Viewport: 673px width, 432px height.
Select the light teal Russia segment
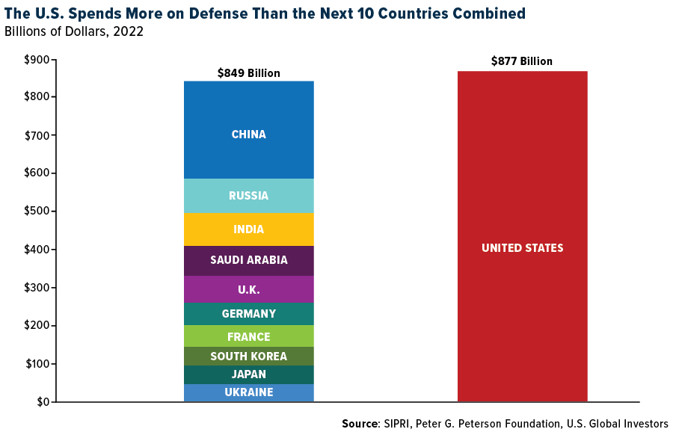pos(248,196)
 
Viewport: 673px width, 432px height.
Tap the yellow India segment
pos(248,229)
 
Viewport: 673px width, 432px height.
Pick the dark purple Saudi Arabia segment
pos(248,260)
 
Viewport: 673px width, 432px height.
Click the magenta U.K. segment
pos(248,289)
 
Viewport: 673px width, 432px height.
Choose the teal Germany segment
pos(248,314)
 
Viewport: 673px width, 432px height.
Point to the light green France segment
pos(248,336)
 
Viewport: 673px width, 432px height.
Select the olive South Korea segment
pos(248,357)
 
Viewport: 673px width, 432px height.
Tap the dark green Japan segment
pos(248,374)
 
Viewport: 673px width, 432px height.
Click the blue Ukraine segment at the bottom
pos(248,392)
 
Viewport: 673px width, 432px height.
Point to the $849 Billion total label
pos(248,73)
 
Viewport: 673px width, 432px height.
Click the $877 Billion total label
pos(522,61)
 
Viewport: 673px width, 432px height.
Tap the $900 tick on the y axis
pos(37,60)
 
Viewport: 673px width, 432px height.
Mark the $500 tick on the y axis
pos(37,212)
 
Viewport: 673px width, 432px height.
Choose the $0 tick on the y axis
pos(43,402)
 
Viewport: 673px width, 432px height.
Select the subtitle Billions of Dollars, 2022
pos(74,31)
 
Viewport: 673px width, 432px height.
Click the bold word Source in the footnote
pos(360,424)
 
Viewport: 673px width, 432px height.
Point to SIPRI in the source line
pos(400,424)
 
